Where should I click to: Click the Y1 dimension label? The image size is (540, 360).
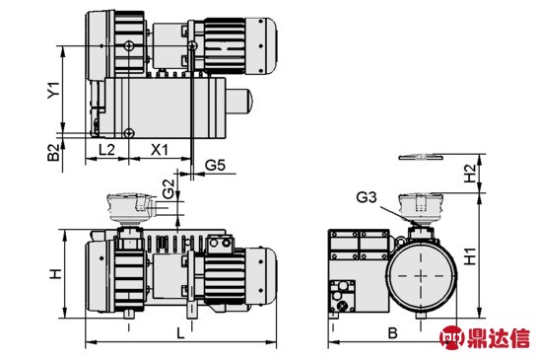coord(54,90)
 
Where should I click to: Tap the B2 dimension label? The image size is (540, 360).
coord(54,153)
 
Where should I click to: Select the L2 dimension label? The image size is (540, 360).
coord(106,150)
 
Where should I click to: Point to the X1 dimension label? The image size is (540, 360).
coord(160,150)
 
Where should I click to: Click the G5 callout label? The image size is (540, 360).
coord(215,166)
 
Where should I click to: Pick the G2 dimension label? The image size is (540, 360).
coord(169,189)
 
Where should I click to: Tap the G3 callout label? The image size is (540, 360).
coord(367,197)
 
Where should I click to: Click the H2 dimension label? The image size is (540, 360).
coord(470,174)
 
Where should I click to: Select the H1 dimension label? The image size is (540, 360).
coord(470,255)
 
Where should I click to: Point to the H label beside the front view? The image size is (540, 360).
coord(55,273)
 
